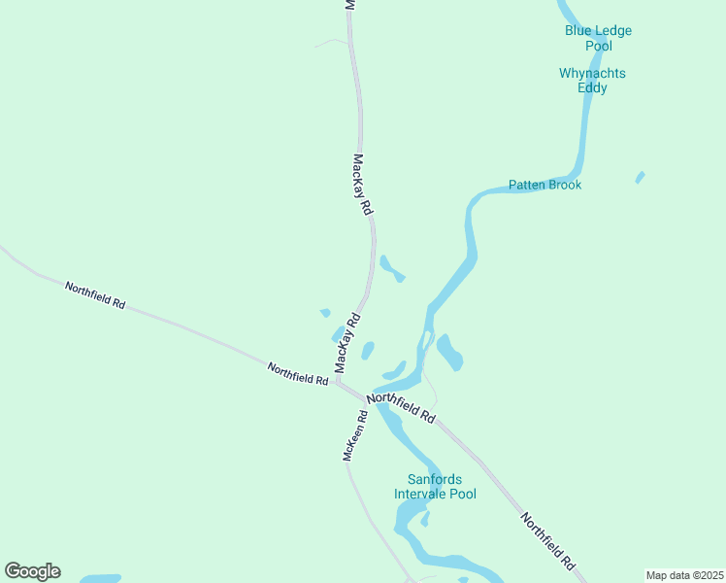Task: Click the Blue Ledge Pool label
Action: [x=598, y=38]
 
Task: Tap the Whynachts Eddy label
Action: [x=592, y=81]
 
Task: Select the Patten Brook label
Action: [x=544, y=185]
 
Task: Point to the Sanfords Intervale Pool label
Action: [x=435, y=487]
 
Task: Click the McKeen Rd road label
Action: [x=354, y=434]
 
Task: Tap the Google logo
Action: [x=32, y=571]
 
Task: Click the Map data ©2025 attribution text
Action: [x=684, y=575]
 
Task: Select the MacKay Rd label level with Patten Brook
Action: [x=362, y=185]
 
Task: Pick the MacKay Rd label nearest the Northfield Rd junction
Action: [x=347, y=343]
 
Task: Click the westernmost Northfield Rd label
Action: [x=95, y=295]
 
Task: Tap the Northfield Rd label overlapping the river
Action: [x=400, y=407]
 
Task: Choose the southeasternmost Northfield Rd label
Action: [x=547, y=540]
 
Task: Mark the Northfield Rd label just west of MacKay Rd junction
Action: [x=297, y=374]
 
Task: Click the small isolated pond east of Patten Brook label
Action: [x=640, y=177]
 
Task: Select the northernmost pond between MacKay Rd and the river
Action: [x=391, y=267]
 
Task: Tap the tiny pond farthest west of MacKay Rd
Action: [x=325, y=313]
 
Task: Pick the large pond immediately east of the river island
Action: [x=449, y=352]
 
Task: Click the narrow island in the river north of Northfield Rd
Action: [x=425, y=341]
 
